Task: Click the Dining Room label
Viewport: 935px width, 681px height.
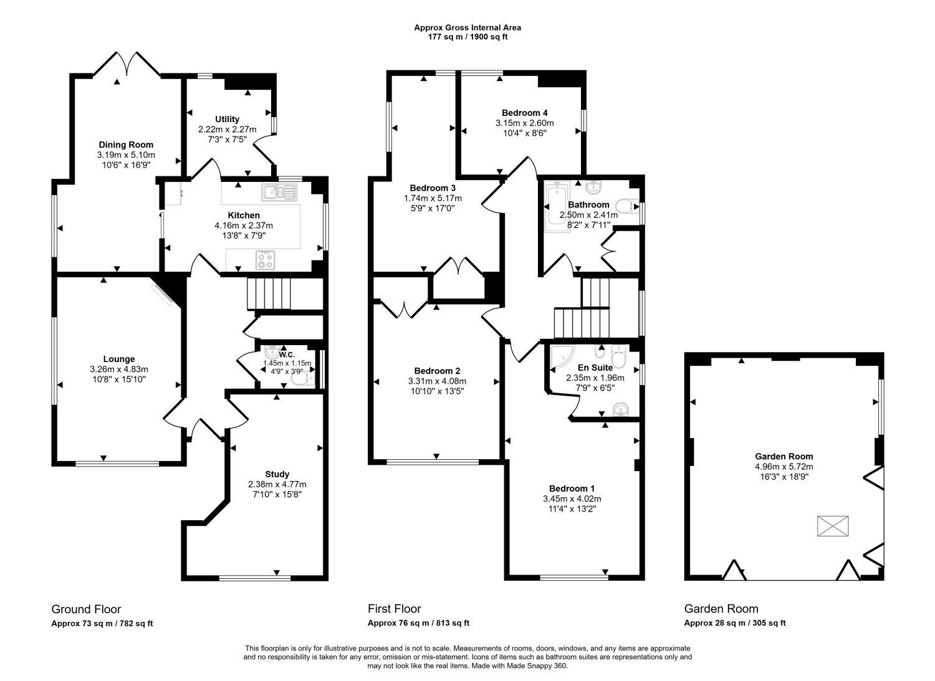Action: pos(126,145)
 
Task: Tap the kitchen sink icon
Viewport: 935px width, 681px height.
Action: pos(279,193)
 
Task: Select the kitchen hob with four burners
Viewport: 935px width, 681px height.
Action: pos(265,260)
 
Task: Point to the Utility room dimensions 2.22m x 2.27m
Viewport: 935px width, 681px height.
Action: pos(227,130)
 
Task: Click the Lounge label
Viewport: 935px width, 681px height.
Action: pos(119,359)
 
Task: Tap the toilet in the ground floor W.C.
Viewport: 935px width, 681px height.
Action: pos(302,378)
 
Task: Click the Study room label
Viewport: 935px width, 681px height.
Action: pos(277,474)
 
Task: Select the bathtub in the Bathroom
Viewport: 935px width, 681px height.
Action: pos(557,207)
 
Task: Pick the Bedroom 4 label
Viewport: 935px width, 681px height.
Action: pos(525,113)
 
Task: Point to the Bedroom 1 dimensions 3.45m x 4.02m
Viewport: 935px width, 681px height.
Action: pos(572,498)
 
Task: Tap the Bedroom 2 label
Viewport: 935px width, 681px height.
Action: pos(437,371)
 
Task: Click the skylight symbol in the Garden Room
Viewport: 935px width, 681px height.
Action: pos(833,526)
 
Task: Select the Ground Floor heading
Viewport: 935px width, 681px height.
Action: pos(86,609)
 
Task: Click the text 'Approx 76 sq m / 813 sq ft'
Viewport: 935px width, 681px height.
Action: pos(418,623)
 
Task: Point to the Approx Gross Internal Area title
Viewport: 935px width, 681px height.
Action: pos(467,27)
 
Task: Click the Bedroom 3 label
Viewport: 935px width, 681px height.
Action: pos(433,188)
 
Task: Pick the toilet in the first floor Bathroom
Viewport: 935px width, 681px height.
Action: pos(627,206)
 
